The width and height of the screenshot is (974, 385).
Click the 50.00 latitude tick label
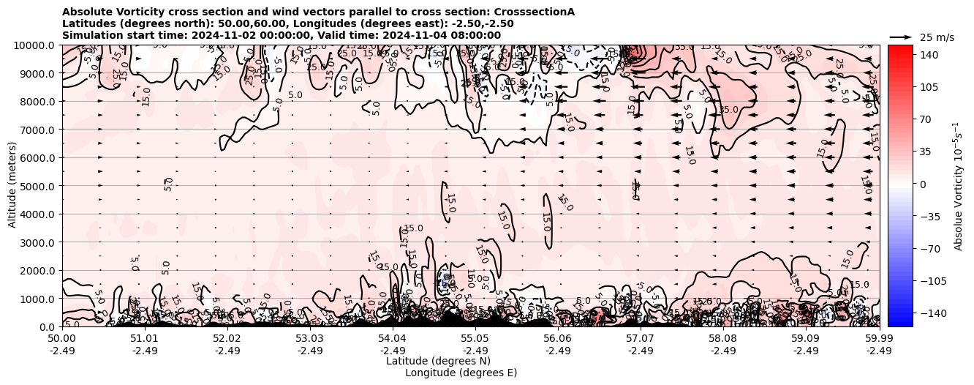coord(62,339)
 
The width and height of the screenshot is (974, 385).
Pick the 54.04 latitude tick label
coord(393,339)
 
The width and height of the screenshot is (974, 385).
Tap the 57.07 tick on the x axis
coord(641,339)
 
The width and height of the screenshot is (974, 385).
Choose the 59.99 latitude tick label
coord(879,339)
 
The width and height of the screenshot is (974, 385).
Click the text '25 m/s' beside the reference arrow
coord(937,37)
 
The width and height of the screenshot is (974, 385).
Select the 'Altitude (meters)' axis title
coord(12,186)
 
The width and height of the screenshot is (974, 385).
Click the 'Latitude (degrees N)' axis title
coord(438,361)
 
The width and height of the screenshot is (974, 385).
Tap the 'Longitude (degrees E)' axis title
coord(461,373)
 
